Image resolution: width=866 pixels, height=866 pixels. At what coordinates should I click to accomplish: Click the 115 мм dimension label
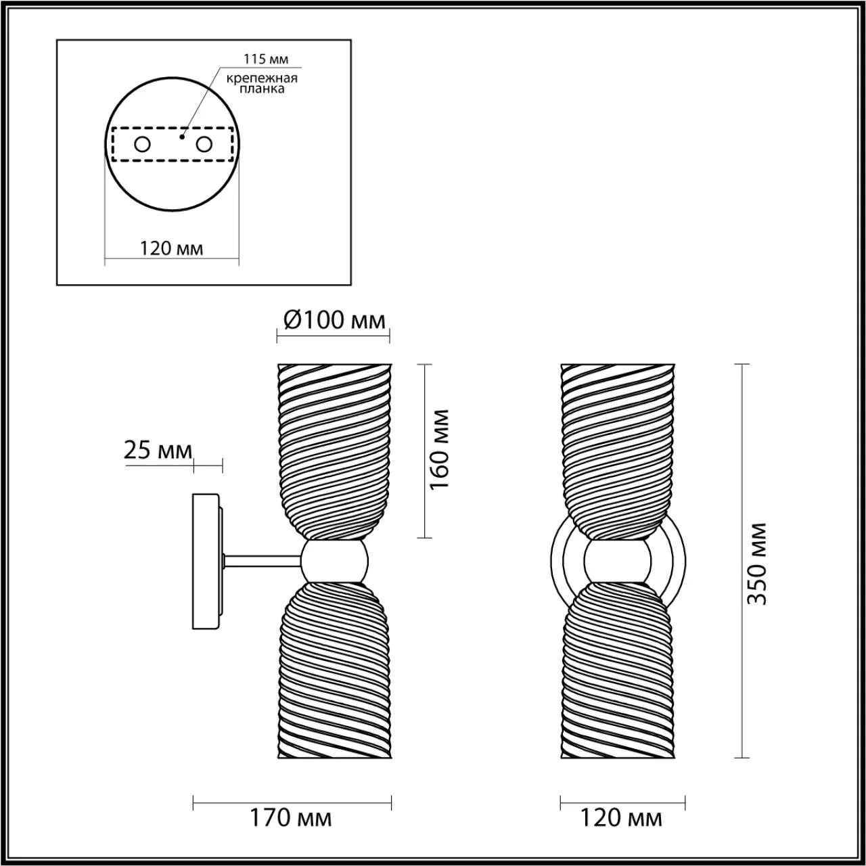point(266,59)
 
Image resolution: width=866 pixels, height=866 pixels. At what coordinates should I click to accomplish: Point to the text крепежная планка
point(262,83)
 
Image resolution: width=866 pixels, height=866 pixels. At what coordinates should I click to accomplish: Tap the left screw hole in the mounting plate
point(143,145)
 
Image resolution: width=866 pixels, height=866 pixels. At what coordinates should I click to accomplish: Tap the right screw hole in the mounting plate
point(204,145)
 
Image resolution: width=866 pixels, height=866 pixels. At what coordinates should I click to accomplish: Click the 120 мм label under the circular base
point(172,248)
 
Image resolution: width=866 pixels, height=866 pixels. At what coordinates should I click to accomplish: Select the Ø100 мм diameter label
point(335,321)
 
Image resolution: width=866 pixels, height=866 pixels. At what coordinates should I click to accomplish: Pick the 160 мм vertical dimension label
point(439,449)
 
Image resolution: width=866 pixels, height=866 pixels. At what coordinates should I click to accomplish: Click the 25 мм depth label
point(158,451)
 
